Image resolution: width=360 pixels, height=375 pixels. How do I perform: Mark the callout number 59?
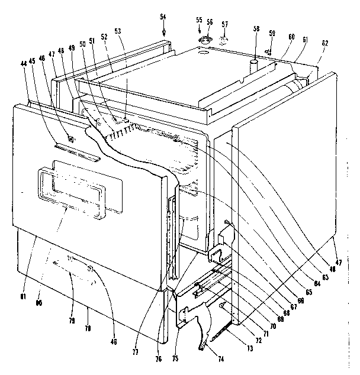click(x=272, y=33)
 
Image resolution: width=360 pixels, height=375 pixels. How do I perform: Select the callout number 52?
click(x=104, y=37)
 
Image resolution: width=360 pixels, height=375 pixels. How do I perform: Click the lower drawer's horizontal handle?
click(x=78, y=269)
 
